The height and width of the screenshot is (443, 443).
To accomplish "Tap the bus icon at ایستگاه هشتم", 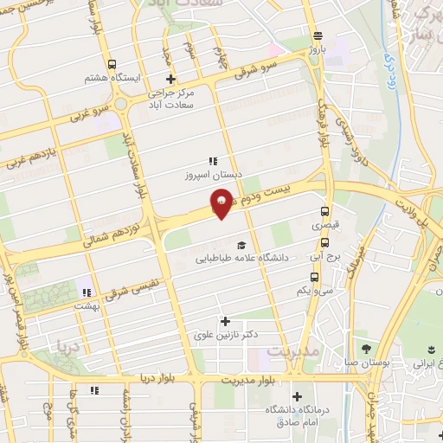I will tap(112, 64).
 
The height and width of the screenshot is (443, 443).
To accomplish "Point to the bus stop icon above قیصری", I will tap(324, 211).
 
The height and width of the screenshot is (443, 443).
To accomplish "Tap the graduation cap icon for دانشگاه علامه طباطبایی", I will tap(241, 245).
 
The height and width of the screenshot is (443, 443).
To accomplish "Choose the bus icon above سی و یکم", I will tap(314, 278).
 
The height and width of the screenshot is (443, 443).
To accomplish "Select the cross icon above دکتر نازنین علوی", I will tap(226, 322).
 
